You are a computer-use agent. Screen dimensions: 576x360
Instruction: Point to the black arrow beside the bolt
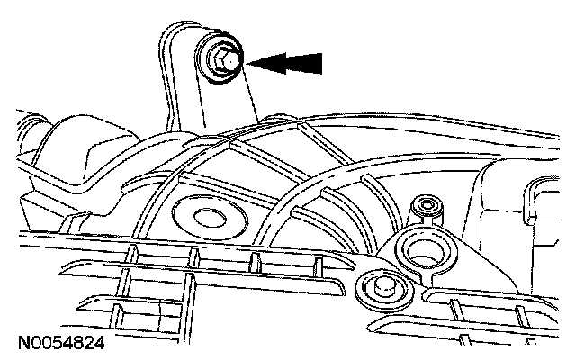pos(285,62)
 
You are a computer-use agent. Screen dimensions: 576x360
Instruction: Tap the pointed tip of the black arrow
pos(249,62)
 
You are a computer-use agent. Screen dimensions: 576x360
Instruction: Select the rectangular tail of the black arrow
pos(306,62)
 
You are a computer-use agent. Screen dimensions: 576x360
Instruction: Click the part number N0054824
pos(60,343)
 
